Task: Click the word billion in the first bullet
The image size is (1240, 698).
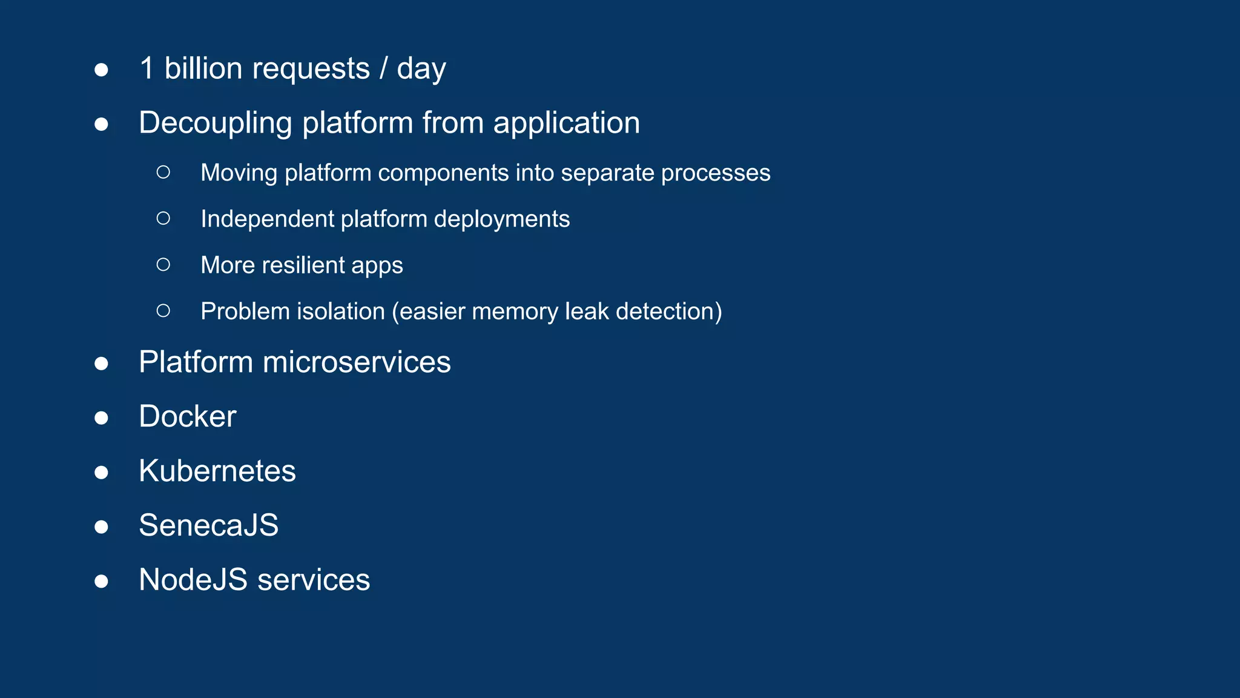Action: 203,68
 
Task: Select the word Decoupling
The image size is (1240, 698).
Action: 216,124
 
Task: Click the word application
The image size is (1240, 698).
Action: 566,124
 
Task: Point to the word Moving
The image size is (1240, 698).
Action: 239,173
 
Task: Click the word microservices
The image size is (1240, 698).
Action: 357,362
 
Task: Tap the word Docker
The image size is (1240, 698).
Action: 187,417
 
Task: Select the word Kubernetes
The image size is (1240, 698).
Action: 217,471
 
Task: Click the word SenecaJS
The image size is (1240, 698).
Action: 208,525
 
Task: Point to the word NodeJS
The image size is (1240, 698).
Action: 193,580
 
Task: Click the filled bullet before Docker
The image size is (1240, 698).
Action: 102,418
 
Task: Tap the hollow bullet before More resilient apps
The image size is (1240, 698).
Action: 163,264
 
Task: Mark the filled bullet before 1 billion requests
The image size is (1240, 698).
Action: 102,70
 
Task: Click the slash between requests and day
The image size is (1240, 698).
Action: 383,68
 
